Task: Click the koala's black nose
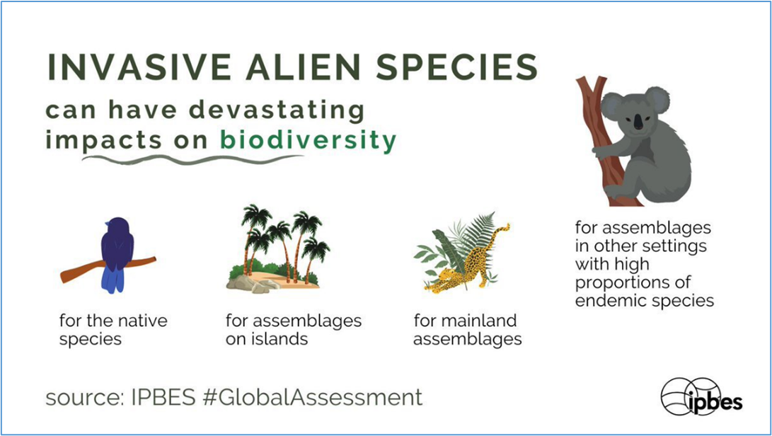click(638, 121)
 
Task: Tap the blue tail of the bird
click(113, 280)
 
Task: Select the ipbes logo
click(702, 396)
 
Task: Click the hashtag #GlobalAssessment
click(313, 397)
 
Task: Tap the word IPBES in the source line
click(163, 397)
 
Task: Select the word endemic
click(606, 300)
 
